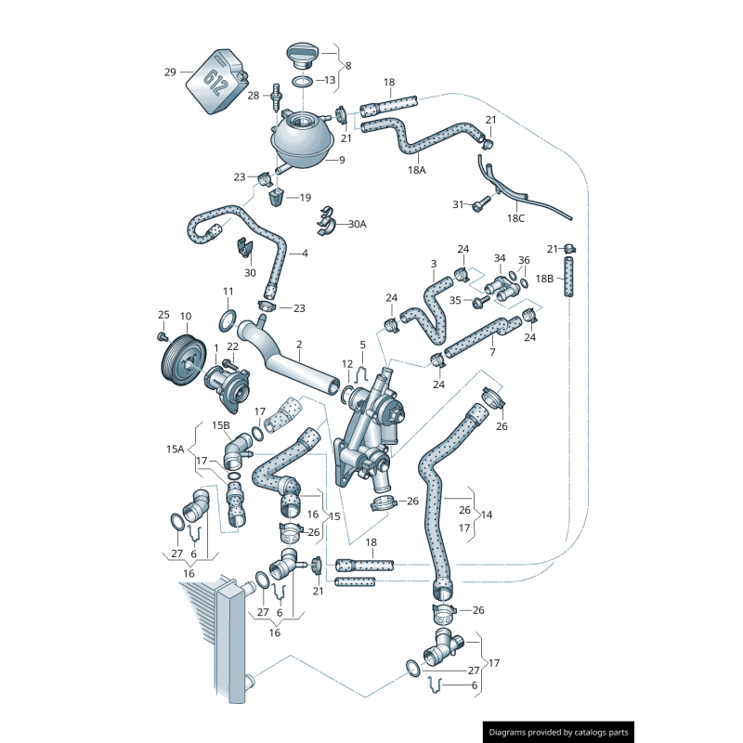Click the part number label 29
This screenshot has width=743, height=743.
(169, 72)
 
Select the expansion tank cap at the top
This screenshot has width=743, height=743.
(303, 54)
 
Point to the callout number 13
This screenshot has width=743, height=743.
(330, 81)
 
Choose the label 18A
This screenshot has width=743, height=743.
(416, 170)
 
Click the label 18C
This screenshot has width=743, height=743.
(515, 217)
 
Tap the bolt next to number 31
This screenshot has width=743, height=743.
(478, 205)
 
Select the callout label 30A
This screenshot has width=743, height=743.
(357, 225)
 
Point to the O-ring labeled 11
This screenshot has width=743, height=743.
(228, 321)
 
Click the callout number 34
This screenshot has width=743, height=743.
(500, 258)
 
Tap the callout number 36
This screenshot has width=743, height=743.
(524, 260)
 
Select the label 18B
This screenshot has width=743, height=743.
(544, 278)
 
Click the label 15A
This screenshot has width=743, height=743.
(176, 449)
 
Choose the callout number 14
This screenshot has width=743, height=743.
(487, 514)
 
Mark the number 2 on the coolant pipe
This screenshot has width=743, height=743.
(299, 345)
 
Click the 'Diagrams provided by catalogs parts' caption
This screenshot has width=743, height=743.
(559, 732)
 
